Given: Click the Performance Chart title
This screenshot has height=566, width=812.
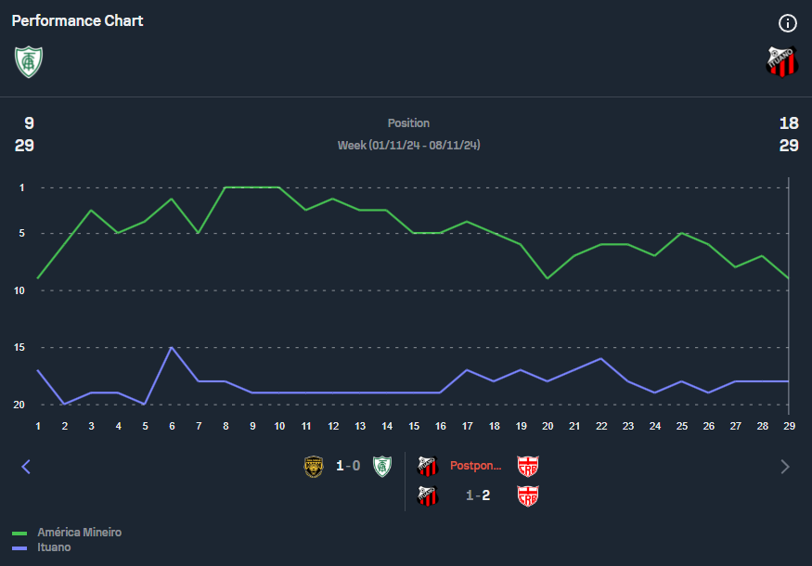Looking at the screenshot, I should point(77,20).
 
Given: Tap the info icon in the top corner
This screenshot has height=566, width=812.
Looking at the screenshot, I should point(788,23).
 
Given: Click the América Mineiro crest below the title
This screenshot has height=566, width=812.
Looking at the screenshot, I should point(29,61).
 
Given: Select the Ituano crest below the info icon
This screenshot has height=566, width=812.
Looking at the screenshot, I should point(781,61).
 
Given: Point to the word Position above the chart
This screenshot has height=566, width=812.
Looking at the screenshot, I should point(408,123).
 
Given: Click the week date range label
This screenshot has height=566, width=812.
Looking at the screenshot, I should point(408,146).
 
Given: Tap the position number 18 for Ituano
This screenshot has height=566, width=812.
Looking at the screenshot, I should point(789,123).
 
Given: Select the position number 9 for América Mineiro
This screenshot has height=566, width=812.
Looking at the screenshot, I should point(29,123).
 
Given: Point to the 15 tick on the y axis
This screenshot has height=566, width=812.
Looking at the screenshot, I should point(19,348).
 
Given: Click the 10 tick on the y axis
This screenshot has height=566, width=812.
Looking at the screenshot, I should point(19,290).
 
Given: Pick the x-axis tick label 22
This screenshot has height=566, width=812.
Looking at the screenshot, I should point(601,425).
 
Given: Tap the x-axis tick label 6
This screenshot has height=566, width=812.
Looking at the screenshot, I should point(172,425).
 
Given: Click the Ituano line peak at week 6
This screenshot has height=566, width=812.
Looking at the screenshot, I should point(172,348).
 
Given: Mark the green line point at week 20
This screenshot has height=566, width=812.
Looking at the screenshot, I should point(548,278).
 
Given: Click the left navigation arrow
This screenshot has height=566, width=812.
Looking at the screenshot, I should point(26,467).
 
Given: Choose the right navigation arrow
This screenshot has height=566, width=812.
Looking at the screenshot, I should point(785,467).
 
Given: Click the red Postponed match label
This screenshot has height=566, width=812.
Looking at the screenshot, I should point(476,466).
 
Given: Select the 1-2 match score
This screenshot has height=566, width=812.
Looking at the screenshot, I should point(478,495).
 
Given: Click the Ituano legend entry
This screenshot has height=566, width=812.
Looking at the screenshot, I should point(54,547).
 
